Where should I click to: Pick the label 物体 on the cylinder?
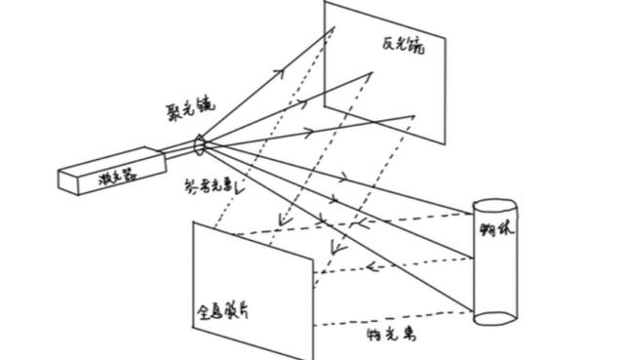pyautogui.click(x=495, y=233)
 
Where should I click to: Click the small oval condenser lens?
pyautogui.click(x=202, y=145)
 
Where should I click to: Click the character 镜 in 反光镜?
pyautogui.click(x=419, y=46)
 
